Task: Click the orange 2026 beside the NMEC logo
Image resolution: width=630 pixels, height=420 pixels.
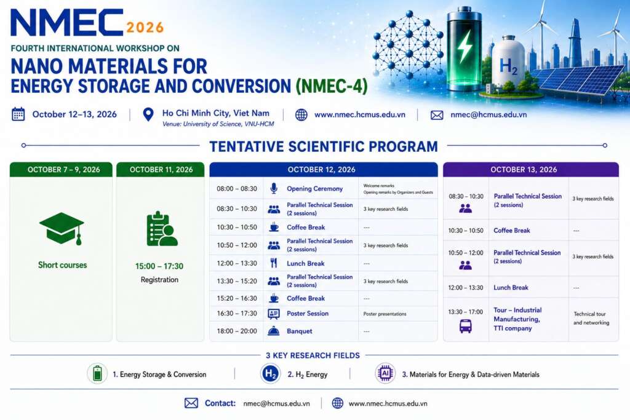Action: tap(145, 27)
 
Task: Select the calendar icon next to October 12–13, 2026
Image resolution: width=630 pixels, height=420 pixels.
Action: tap(18, 114)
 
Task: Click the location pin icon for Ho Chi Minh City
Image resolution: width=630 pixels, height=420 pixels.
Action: tap(148, 114)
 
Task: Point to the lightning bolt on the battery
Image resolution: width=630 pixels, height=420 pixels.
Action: tap(465, 46)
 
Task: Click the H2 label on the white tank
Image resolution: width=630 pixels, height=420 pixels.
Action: tap(508, 66)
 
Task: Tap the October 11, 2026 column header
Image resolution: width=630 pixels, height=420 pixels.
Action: tap(161, 170)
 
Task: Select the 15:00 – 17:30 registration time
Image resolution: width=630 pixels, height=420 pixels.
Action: tap(159, 266)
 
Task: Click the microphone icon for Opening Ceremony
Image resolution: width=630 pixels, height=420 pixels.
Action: tap(274, 188)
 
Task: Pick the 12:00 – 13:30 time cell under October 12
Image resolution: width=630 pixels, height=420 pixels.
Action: tap(237, 263)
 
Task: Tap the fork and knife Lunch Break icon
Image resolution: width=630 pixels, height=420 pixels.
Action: tap(274, 263)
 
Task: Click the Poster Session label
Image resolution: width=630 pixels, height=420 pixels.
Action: tap(308, 314)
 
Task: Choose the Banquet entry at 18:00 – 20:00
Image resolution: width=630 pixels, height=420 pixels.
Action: tap(300, 331)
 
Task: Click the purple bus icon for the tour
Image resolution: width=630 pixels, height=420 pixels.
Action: tap(465, 326)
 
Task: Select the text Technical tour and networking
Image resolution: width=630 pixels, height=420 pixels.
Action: tap(591, 319)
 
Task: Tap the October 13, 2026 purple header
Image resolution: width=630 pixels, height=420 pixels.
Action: tap(531, 170)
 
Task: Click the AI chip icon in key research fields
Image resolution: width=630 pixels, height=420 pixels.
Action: tap(385, 373)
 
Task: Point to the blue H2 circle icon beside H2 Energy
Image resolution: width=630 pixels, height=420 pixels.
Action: tap(270, 374)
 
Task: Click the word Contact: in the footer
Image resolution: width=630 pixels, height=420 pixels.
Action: tap(220, 403)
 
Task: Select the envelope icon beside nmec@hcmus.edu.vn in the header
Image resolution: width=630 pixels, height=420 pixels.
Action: tap(437, 115)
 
